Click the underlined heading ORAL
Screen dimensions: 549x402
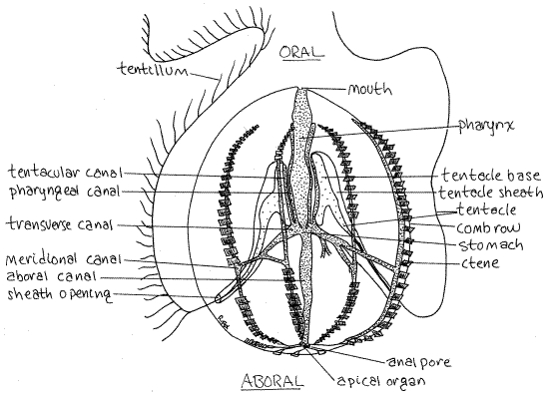pyautogui.click(x=301, y=52)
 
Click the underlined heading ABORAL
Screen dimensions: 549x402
pyautogui.click(x=273, y=381)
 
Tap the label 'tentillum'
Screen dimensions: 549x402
pyautogui.click(x=154, y=69)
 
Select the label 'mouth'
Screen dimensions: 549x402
pyautogui.click(x=369, y=90)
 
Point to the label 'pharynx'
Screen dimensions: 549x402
pyautogui.click(x=487, y=126)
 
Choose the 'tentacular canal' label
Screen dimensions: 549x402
pyautogui.click(x=66, y=173)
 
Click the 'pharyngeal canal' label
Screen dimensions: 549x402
pyautogui.click(x=65, y=192)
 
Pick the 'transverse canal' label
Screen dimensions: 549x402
pyautogui.click(x=60, y=224)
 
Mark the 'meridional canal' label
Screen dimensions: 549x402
pyautogui.click(x=64, y=259)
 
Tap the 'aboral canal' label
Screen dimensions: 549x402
pyautogui.click(x=52, y=276)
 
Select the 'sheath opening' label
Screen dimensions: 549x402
pyautogui.click(x=60, y=294)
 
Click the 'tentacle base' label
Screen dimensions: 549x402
pyautogui.click(x=491, y=175)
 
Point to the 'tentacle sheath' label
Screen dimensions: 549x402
pyautogui.click(x=491, y=193)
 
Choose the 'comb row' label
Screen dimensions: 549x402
pyautogui.click(x=489, y=227)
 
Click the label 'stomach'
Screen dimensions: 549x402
pyautogui.click(x=491, y=245)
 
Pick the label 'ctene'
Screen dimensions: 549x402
pyautogui.click(x=480, y=262)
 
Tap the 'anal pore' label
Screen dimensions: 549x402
pyautogui.click(x=419, y=362)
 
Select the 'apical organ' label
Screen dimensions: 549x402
pyautogui.click(x=381, y=380)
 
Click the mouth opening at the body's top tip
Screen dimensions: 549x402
pyautogui.click(x=302, y=89)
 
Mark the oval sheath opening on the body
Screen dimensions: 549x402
pyautogui.click(x=219, y=298)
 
